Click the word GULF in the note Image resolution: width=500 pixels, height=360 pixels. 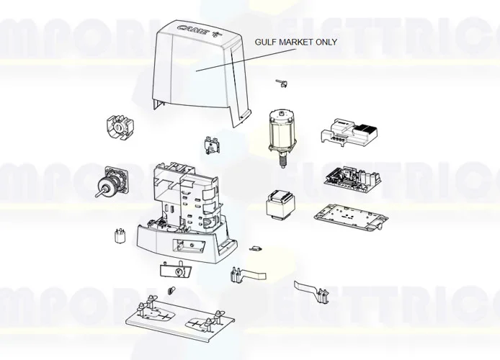(266, 42)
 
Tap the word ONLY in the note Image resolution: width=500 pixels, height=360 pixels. (324, 42)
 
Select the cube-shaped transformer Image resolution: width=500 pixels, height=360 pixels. (277, 204)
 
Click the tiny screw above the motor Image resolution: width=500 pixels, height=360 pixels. (282, 84)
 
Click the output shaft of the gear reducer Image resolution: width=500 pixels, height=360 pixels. (98, 192)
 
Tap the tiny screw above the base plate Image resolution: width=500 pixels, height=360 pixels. (171, 290)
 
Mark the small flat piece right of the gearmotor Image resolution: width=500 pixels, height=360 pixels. (255, 248)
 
